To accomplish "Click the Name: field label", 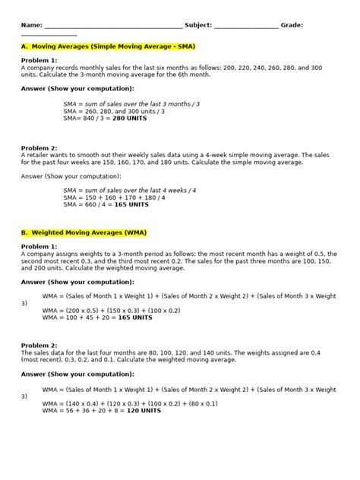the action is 32,25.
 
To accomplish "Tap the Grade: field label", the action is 292,25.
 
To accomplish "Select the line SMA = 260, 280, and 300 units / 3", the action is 115,110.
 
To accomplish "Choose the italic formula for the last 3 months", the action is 133,103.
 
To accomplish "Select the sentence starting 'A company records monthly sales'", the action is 171,68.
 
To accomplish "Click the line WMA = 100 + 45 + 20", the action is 109,317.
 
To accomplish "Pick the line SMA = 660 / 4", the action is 106,204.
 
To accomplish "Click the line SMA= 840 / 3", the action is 106,118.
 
